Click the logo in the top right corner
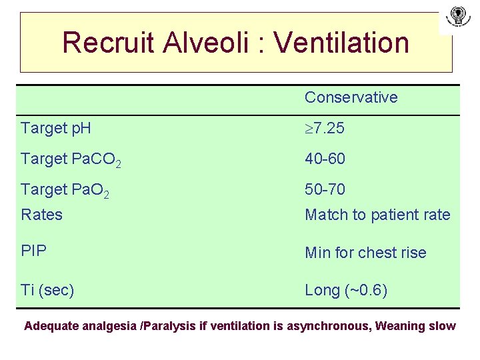coord(457,17)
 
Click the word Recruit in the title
coord(107,43)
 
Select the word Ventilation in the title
coord(341,43)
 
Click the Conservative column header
coord(351,97)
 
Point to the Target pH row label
coord(56,128)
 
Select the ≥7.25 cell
coord(325,128)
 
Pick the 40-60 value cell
coord(325,159)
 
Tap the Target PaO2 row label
coord(65,190)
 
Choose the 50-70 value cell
coord(325,189)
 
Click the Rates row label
coord(41,215)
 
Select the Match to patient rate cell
coord(377,215)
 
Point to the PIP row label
coord(33,252)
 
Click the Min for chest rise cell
coord(365,253)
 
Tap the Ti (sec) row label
coord(47,290)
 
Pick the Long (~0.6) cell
coord(346,290)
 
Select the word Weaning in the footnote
coord(401,326)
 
